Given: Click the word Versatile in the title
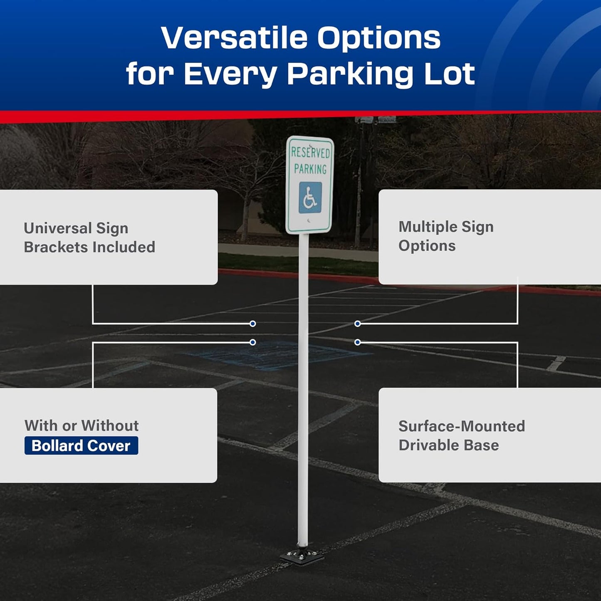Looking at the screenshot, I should tap(234, 38).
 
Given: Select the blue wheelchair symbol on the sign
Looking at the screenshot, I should tap(310, 198).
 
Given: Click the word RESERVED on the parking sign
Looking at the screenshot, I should tap(310, 153).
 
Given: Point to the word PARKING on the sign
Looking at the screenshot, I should tap(310, 169).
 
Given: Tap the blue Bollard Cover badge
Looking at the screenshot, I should tap(81, 445).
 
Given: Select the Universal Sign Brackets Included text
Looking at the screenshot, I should tap(89, 237).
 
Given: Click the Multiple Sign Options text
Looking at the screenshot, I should tap(446, 236).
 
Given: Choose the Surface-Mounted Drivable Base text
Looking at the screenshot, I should tap(461, 435).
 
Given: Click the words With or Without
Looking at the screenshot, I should tap(82, 425).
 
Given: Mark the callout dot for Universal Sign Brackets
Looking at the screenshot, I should tap(252, 324).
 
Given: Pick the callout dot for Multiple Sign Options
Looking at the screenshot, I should tap(357, 324).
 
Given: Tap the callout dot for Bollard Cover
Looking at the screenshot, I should tap(252, 342).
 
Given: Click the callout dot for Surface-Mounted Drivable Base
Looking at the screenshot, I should tap(357, 342).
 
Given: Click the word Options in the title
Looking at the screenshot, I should tap(378, 38).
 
